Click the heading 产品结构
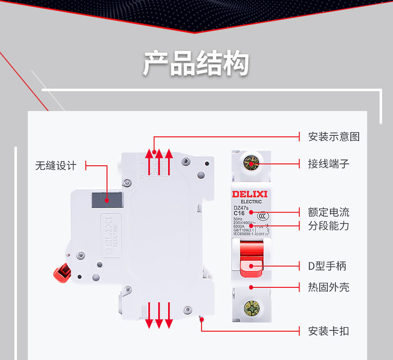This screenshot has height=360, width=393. point(196,64)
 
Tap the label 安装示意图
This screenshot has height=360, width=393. point(333,136)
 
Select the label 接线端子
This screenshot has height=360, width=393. point(328,163)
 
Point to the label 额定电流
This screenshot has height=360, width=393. point(328,212)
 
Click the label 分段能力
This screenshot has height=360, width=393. point(328,226)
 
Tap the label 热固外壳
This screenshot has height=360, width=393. point(328,287)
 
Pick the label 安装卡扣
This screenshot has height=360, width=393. point(328,331)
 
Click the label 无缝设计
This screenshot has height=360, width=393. point(56,166)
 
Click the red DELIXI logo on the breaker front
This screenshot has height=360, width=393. point(250,194)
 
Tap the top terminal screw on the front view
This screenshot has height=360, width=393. point(251,163)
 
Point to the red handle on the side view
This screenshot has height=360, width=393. point(61,272)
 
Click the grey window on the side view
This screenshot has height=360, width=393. point(106,200)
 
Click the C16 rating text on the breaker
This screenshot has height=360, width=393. point(239,213)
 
